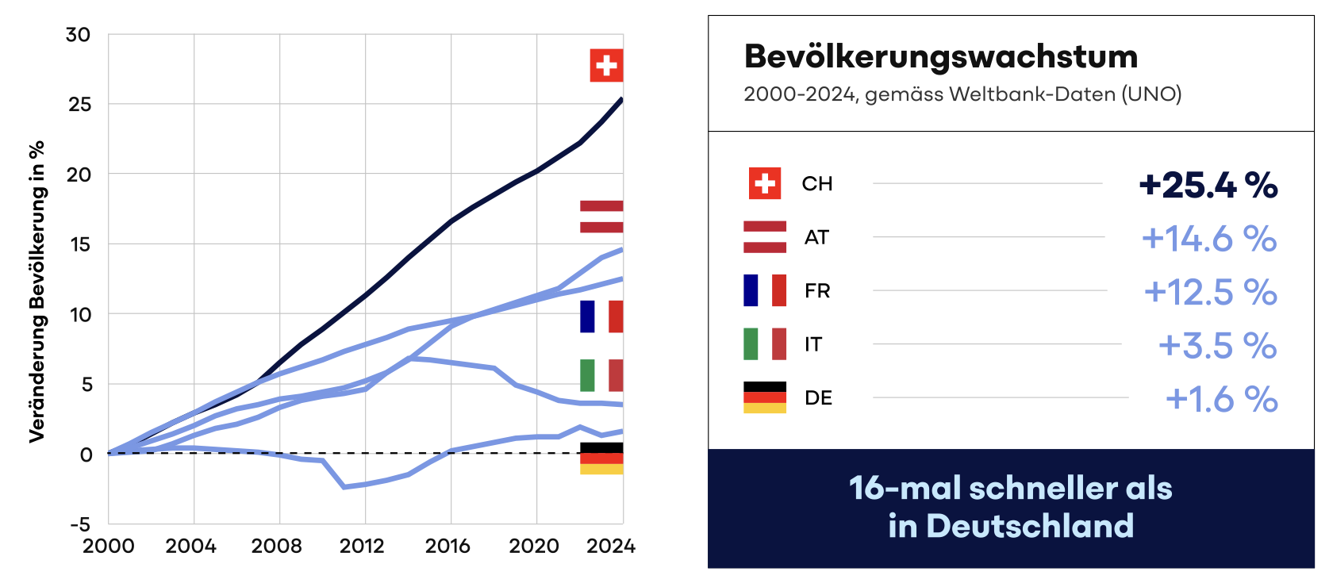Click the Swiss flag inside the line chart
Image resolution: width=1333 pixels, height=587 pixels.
[x=606, y=65]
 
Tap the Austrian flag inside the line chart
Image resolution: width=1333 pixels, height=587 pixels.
[x=601, y=217]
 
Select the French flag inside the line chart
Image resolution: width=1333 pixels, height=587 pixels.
[x=601, y=316]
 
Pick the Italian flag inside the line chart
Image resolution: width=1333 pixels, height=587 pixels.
[x=601, y=375]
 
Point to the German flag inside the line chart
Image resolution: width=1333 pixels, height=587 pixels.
[x=601, y=458]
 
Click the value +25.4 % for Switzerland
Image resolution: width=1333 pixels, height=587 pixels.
[x=1208, y=186]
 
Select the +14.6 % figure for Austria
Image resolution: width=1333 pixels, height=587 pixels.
[x=1208, y=239]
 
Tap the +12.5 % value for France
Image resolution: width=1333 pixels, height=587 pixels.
[x=1209, y=292]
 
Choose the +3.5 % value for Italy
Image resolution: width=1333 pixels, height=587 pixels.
[x=1216, y=346]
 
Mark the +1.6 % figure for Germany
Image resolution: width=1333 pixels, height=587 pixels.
[x=1220, y=399]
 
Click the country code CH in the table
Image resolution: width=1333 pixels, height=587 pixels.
[x=816, y=184]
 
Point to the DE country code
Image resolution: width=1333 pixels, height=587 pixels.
[x=818, y=397]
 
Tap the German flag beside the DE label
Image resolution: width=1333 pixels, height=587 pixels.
[x=764, y=397]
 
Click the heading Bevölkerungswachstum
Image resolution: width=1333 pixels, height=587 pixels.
[x=940, y=57]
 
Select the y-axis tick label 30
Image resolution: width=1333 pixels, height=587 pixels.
[x=78, y=35]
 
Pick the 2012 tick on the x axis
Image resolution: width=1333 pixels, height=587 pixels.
[x=362, y=546]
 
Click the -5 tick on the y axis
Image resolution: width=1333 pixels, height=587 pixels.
[x=80, y=524]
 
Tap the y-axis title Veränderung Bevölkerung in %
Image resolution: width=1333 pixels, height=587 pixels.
[x=36, y=292]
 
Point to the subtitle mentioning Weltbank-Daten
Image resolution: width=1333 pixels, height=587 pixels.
[x=962, y=94]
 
